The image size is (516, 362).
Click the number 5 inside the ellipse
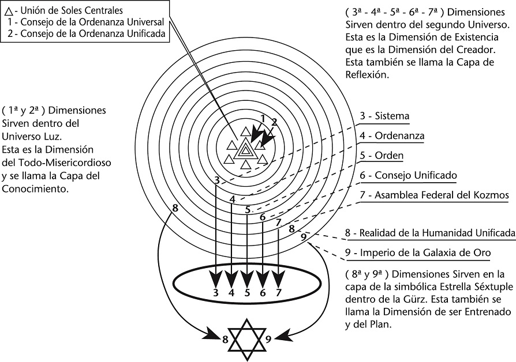[246, 293]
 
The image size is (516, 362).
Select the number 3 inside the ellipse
[215, 293]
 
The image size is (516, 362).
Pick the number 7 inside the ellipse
[278, 293]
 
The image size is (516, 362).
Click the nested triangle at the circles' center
[246, 149]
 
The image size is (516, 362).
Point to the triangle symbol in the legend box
[9, 10]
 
